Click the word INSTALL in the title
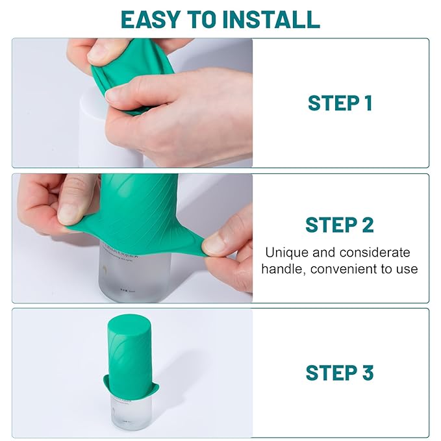click(x=272, y=19)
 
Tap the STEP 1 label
click(x=340, y=103)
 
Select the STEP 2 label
click(x=340, y=225)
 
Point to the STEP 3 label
click(x=340, y=373)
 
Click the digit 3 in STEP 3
click(x=368, y=373)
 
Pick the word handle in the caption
click(x=282, y=268)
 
